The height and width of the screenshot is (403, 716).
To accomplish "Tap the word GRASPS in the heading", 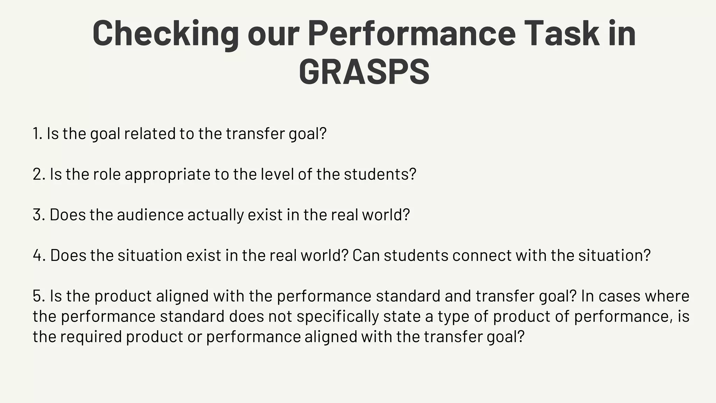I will (x=364, y=72).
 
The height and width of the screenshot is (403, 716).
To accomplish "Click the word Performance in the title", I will (x=411, y=34).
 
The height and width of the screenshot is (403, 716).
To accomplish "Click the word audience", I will (x=150, y=215).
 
